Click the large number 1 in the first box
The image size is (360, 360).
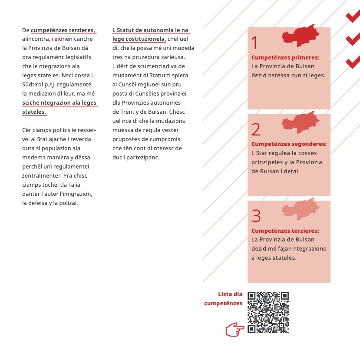tap(254, 43)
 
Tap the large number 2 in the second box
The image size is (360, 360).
tap(256, 129)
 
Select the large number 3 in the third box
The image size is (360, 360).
tap(256, 216)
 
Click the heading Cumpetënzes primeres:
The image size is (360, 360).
tap(285, 57)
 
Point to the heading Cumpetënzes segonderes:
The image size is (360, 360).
tap(289, 144)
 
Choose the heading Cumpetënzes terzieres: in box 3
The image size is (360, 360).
tap(285, 231)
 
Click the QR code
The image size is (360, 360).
tap(268, 312)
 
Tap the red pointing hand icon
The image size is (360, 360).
tap(234, 330)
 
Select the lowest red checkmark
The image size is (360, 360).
tap(353, 62)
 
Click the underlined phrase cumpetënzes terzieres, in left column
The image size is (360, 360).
tap(63, 30)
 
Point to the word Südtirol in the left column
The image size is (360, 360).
tap(33, 84)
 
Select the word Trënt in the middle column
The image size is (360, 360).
tap(127, 112)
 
